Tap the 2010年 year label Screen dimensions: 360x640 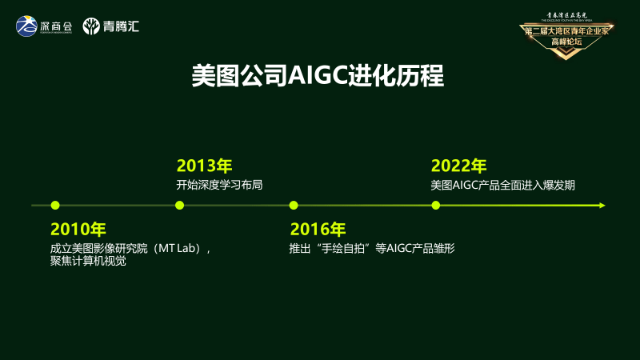[x=78, y=229]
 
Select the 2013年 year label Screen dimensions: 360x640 [x=204, y=166]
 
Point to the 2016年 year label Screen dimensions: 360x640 [x=318, y=229]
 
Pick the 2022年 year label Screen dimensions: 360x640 [x=458, y=166]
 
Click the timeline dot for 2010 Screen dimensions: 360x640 [x=54, y=206]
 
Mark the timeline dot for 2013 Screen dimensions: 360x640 [x=179, y=206]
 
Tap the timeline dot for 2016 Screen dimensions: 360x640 [x=294, y=206]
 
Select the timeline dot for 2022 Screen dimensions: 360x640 [x=436, y=206]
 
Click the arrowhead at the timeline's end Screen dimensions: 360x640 [x=602, y=206]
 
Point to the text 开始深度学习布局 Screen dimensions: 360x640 [x=219, y=185]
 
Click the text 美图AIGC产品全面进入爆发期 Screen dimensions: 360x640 [x=502, y=185]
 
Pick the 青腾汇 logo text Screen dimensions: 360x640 [x=122, y=26]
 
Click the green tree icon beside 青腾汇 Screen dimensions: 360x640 [x=91, y=26]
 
